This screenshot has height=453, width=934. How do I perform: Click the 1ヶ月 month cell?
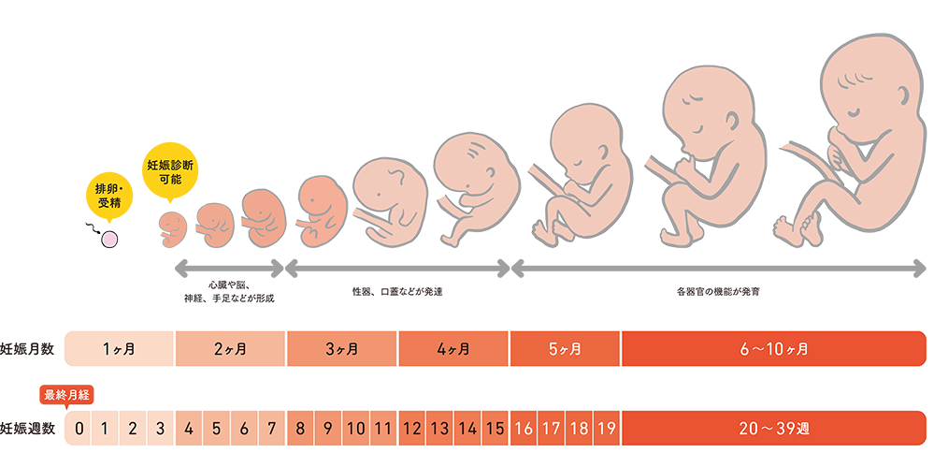(x=119, y=349)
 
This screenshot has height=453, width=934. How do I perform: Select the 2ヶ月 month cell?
(x=230, y=349)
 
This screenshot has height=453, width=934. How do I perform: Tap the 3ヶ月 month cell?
(x=341, y=349)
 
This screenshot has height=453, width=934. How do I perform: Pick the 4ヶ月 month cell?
(x=453, y=349)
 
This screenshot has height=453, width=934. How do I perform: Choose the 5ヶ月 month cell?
(x=565, y=349)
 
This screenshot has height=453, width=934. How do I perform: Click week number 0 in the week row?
(x=79, y=430)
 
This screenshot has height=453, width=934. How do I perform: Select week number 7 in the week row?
(x=272, y=430)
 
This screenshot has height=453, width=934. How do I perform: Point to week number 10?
(x=355, y=430)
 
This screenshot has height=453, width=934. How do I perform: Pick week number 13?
(x=439, y=430)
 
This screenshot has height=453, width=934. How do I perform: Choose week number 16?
(x=524, y=430)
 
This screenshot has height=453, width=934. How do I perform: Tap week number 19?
(x=606, y=430)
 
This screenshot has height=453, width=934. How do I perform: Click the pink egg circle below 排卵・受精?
(x=108, y=240)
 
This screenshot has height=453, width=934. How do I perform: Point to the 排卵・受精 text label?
(x=110, y=195)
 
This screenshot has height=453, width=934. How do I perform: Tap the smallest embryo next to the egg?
(x=173, y=225)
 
